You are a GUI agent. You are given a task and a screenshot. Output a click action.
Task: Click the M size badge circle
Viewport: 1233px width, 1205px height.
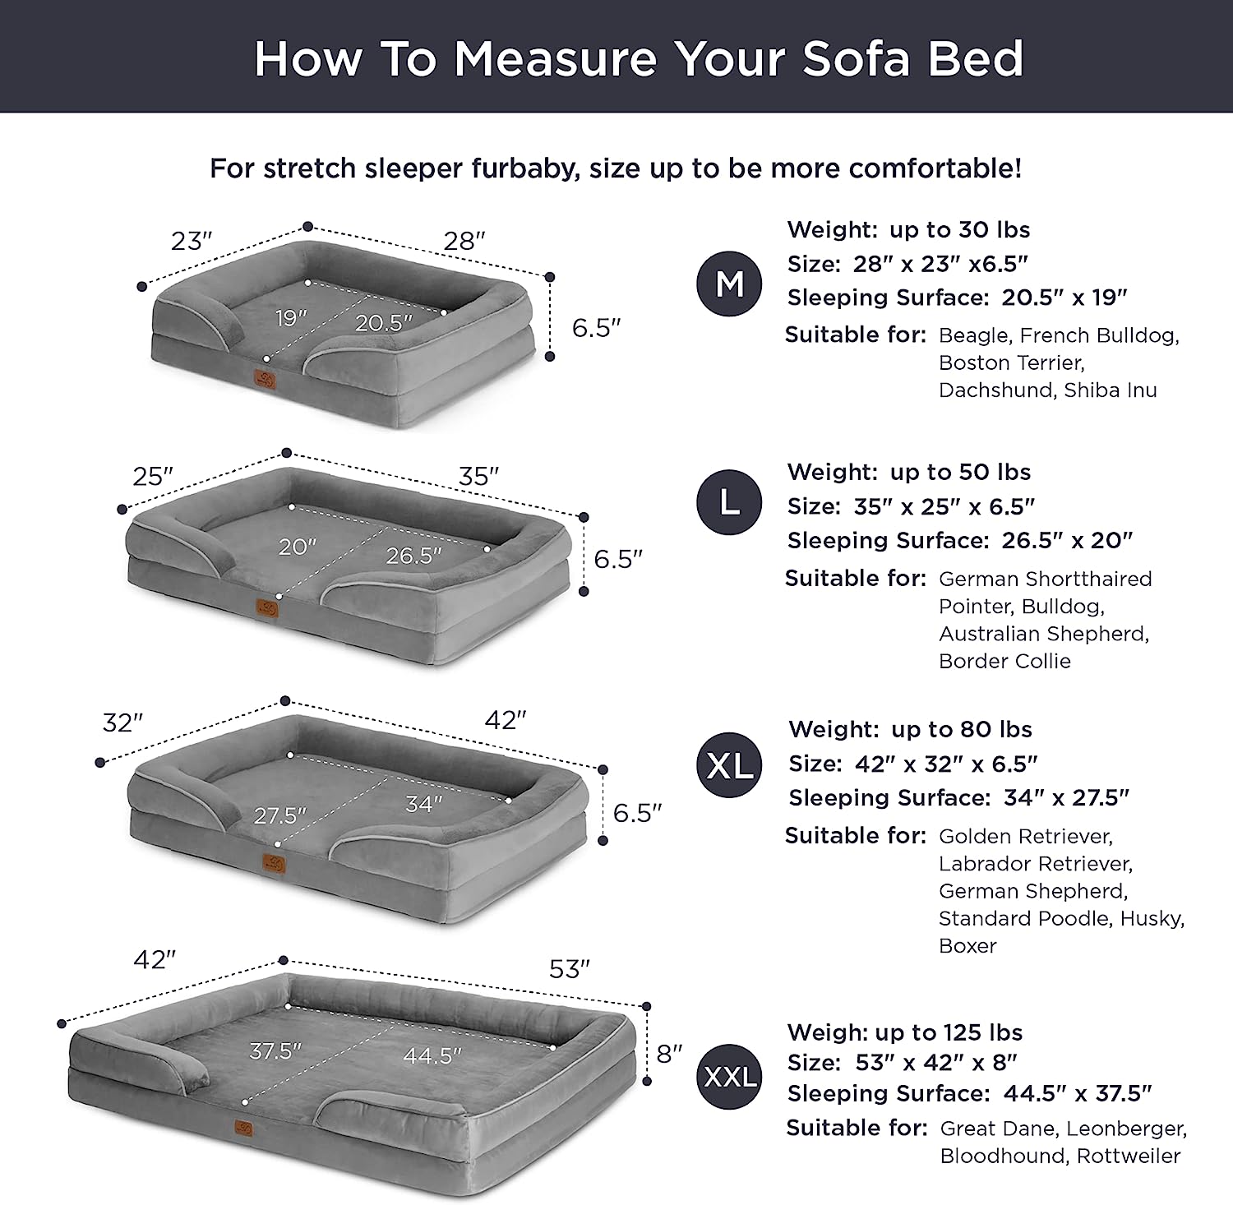730,284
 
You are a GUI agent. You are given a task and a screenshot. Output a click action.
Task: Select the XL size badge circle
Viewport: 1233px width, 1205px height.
730,765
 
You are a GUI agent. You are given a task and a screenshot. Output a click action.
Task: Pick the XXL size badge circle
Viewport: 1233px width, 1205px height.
730,1076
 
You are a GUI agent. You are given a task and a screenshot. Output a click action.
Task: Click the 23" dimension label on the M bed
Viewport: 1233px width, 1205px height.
192,241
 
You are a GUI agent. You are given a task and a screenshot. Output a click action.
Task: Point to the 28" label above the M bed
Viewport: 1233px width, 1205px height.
464,241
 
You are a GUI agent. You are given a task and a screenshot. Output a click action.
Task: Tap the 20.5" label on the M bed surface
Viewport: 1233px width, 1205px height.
384,323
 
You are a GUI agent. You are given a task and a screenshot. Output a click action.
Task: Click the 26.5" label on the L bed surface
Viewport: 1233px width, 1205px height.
414,556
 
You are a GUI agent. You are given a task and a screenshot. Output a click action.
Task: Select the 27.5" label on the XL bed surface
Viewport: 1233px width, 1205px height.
279,815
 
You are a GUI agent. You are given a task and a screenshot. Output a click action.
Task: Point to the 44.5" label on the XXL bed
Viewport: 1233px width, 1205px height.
432,1055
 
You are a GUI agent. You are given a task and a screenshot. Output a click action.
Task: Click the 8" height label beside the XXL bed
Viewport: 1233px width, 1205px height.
669,1053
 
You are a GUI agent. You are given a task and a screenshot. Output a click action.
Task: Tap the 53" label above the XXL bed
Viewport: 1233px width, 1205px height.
570,969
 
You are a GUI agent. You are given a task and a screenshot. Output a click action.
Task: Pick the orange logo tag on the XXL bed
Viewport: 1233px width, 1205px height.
245,1128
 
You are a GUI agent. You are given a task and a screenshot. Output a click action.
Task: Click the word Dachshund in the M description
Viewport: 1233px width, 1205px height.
996,390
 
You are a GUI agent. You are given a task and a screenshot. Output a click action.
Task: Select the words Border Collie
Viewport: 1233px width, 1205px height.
1004,661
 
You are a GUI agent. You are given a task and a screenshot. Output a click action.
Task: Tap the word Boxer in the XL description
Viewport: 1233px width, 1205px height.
967,945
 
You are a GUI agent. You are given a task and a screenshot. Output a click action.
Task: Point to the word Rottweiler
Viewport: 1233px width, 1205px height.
1129,1156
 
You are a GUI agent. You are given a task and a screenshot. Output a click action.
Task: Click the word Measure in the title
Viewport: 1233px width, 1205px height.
556,59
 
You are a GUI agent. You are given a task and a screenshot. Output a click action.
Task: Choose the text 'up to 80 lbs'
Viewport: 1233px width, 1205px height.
962,729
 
